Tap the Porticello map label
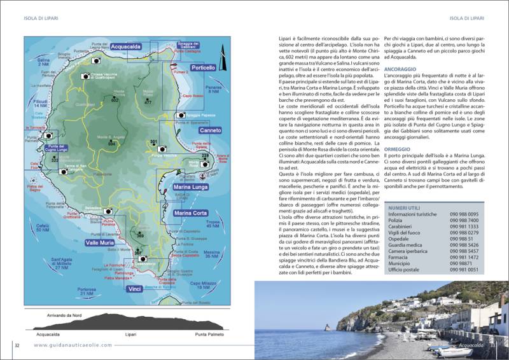point(204,67)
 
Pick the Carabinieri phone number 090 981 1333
point(464,227)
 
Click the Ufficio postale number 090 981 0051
point(464,270)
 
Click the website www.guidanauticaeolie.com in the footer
point(73,345)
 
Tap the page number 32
point(18,345)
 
